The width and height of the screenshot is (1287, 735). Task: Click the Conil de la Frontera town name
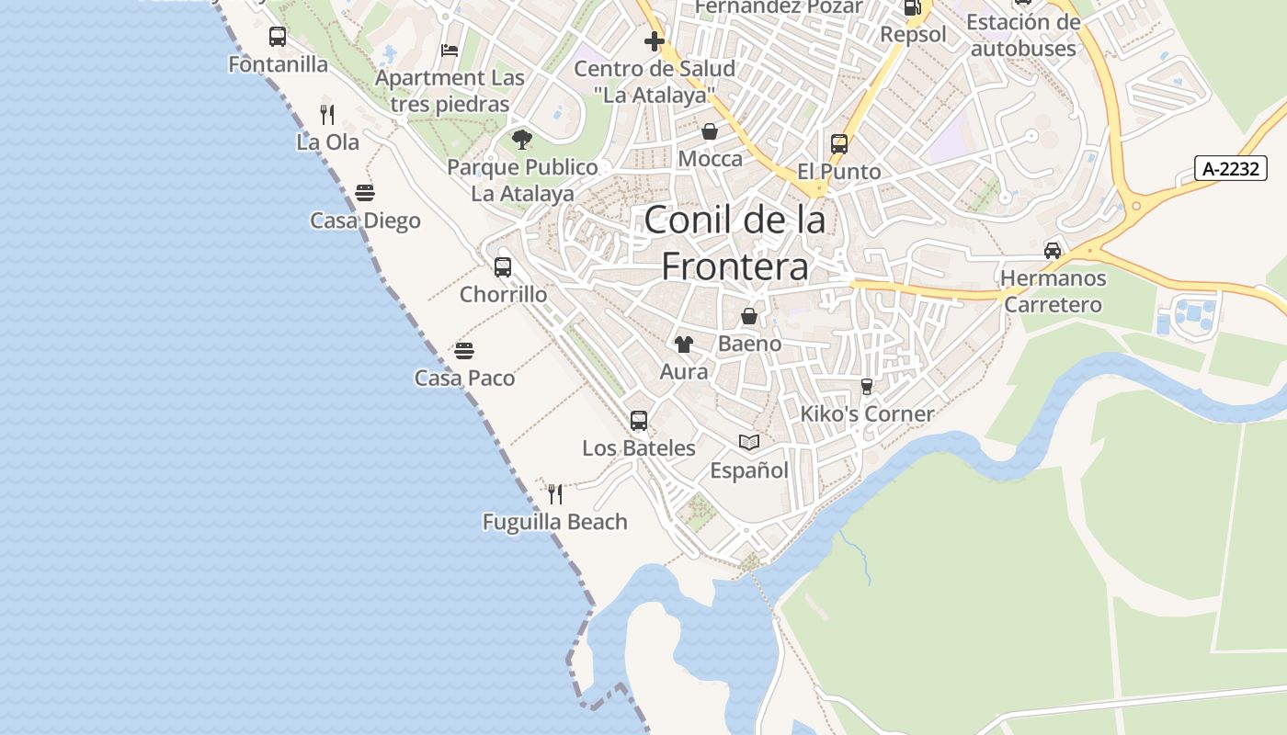click(x=735, y=243)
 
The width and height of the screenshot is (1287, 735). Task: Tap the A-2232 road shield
click(x=1231, y=168)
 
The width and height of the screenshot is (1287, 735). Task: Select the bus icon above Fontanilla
click(x=278, y=37)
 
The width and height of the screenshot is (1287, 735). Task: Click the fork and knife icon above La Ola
click(x=327, y=115)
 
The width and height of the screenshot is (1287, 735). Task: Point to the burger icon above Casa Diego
click(x=365, y=193)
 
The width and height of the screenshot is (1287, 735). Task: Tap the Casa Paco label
click(x=464, y=378)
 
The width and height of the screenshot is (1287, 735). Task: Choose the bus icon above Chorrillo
click(x=503, y=267)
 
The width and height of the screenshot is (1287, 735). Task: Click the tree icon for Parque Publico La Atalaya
click(x=522, y=140)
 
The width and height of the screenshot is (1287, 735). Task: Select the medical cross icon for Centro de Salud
click(x=655, y=41)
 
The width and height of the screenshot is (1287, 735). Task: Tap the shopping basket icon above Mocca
click(x=710, y=131)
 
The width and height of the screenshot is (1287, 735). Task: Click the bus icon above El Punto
click(x=838, y=144)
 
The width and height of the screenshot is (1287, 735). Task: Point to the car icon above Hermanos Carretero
click(x=1053, y=250)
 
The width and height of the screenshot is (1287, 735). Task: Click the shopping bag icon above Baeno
click(x=749, y=316)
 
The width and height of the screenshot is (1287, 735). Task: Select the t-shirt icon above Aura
click(x=683, y=345)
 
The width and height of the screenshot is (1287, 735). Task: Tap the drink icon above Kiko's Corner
click(x=866, y=387)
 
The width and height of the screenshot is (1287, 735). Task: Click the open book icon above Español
click(x=749, y=443)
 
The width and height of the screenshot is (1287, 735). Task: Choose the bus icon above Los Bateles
click(x=639, y=421)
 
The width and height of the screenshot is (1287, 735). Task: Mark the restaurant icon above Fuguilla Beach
click(x=555, y=494)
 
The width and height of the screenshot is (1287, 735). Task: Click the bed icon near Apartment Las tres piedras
click(x=450, y=51)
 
